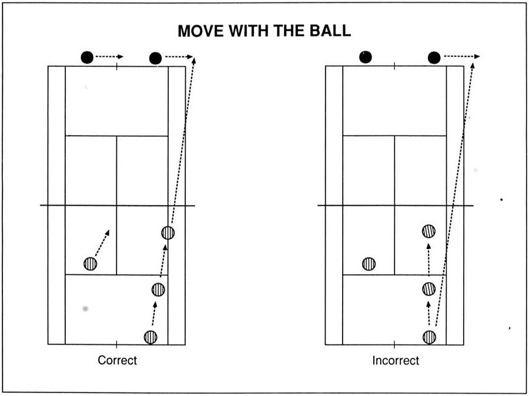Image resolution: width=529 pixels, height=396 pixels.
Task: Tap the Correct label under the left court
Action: click(117, 360)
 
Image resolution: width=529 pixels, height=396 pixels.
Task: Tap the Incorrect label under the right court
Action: click(396, 360)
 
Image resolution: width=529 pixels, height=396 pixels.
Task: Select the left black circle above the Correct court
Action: click(87, 58)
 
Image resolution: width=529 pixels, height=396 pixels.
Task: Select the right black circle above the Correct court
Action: click(155, 58)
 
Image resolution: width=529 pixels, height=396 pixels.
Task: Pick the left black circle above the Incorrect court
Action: click(366, 57)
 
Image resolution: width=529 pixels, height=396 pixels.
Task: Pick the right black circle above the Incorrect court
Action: click(434, 58)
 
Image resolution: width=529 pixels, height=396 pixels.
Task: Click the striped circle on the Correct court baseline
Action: click(150, 337)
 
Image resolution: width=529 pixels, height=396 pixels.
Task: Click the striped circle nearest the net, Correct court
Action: click(168, 233)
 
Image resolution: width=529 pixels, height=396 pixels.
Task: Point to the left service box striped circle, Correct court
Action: click(91, 263)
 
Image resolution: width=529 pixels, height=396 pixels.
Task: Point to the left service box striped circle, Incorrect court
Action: click(369, 263)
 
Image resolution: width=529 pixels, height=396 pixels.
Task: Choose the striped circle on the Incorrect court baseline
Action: click(429, 337)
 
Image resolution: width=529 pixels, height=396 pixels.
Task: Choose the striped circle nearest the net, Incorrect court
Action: click(428, 231)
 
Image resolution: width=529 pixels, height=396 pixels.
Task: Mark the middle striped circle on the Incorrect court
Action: click(429, 288)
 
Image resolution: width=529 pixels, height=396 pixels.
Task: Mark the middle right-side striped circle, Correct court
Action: click(158, 290)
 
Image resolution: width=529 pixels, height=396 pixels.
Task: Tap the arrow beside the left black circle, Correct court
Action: click(109, 56)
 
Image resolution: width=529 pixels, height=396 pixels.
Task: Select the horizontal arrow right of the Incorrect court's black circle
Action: click(461, 56)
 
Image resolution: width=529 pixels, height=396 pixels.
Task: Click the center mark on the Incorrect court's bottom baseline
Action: click(394, 345)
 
